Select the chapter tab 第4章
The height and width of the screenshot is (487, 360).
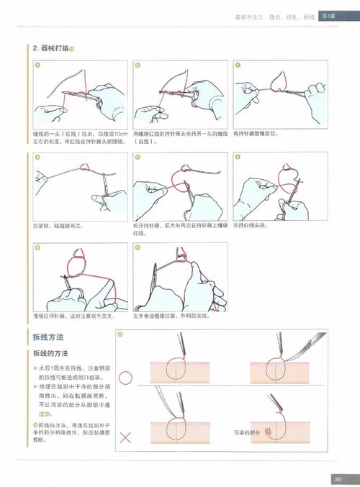coord(330,15)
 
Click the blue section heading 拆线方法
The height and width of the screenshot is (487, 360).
coord(49,337)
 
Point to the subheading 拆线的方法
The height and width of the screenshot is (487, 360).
coord(51,354)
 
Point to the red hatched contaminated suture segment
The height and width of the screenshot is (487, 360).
coord(269,431)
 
